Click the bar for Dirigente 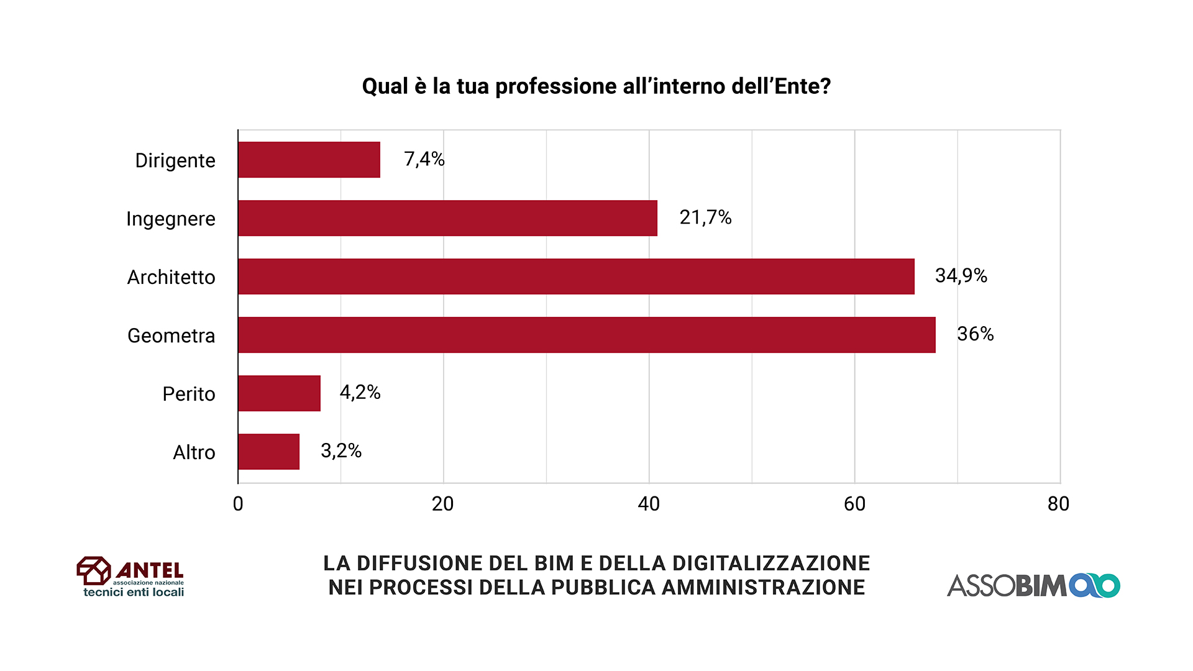point(309,160)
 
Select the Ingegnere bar point(447,218)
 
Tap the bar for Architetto point(576,276)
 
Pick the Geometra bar point(587,335)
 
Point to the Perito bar point(279,393)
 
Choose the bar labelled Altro point(268,452)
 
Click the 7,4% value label point(424,160)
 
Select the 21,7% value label point(705,217)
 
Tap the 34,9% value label point(961,275)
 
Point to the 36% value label point(975,334)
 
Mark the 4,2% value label point(360,392)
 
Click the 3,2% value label point(341,450)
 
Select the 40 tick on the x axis point(649,504)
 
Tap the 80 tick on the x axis point(1058,504)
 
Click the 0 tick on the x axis point(238,504)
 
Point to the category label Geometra point(171,335)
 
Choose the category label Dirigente point(175,160)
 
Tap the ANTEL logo point(130,577)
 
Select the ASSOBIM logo point(1033,585)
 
